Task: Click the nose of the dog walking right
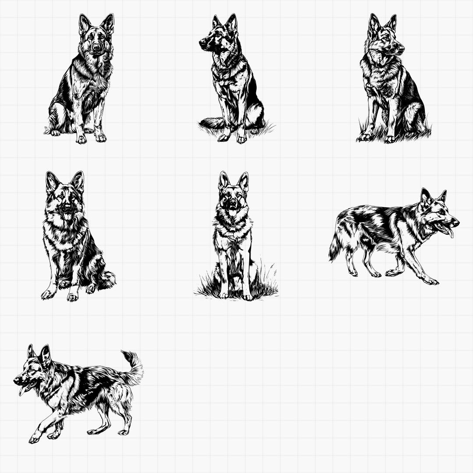point(456,222)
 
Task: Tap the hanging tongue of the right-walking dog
point(450,232)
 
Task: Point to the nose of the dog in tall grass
point(233,204)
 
